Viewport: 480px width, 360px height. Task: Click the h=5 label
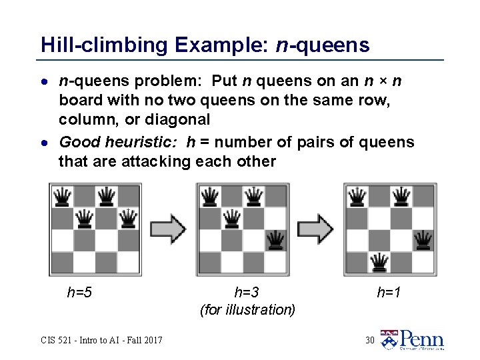coord(79,291)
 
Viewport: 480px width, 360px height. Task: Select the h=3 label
coord(247,291)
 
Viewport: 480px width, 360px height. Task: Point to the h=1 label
coord(389,291)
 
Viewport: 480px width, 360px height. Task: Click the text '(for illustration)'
coord(247,310)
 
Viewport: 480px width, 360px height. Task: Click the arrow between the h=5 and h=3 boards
coord(168,229)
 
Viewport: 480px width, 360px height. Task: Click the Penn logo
coord(412,339)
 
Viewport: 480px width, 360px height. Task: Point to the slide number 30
coord(370,341)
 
